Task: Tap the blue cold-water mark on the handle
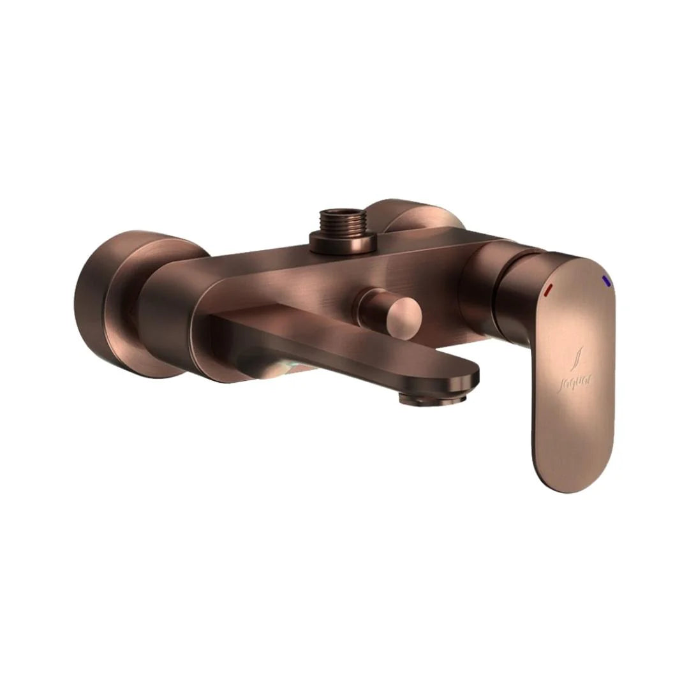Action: (x=606, y=281)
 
